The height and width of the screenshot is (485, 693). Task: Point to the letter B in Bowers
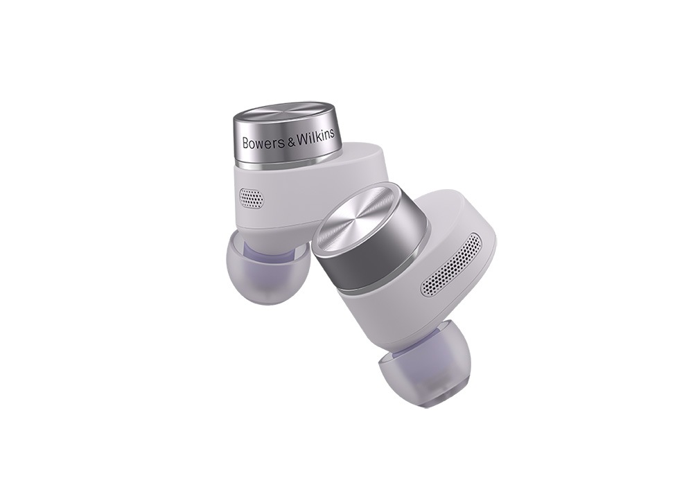246,143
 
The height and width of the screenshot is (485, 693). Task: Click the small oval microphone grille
252,197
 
